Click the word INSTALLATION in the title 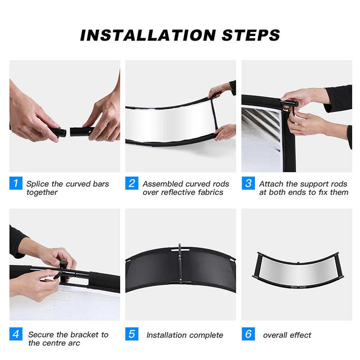tap(148, 35)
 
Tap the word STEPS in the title tap(251, 35)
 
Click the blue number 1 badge tap(16, 183)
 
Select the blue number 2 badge tap(132, 183)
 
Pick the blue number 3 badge tap(248, 183)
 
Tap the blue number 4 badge tap(16, 334)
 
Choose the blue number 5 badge tap(132, 334)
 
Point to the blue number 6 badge tap(248, 334)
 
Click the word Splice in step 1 tap(38, 184)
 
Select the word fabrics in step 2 tap(211, 192)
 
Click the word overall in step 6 tap(275, 335)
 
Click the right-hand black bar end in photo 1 tap(80, 132)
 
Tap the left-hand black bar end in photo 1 tap(58, 132)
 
